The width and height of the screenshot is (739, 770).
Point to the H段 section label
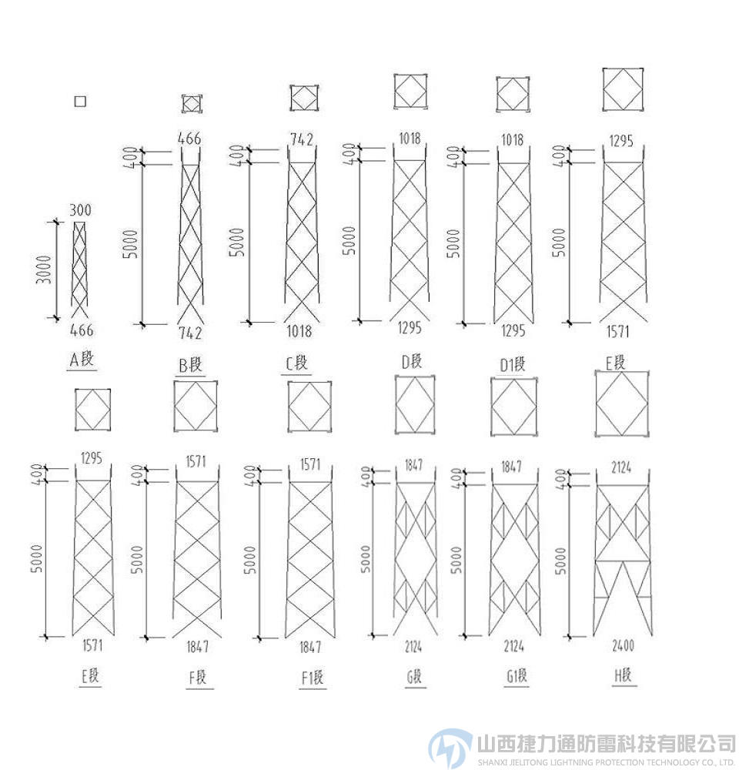[624, 675]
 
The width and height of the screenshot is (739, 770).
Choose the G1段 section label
[516, 677]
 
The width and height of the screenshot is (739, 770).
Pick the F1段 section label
[312, 678]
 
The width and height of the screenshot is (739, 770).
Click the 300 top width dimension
[80, 209]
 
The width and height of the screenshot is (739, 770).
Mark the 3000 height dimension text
[45, 269]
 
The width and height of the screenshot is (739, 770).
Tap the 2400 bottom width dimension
[624, 647]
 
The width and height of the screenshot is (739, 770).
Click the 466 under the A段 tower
[81, 331]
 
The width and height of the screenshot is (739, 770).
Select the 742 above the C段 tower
[301, 139]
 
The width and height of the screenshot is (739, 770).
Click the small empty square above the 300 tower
[79, 101]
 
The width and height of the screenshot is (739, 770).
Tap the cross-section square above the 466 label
[192, 103]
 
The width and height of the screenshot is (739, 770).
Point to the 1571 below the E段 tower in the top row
[617, 332]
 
